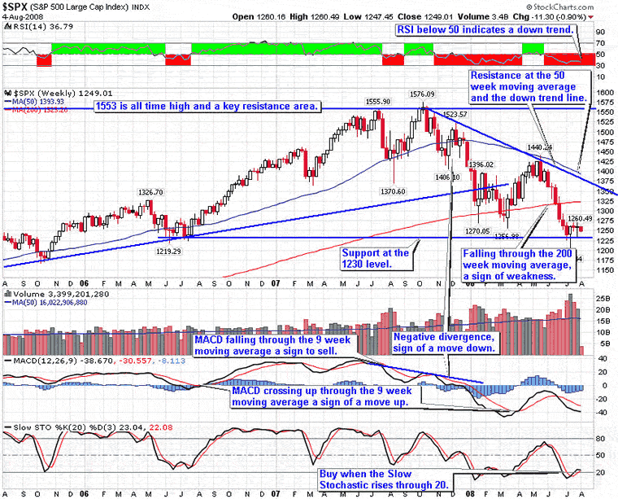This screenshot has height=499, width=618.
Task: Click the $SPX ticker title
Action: point(18,6)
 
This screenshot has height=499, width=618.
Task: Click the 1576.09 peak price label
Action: point(420,94)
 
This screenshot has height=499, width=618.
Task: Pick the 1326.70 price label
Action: point(157,192)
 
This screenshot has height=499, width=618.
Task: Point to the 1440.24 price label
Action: point(539,147)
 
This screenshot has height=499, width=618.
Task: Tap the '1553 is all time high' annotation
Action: point(207,107)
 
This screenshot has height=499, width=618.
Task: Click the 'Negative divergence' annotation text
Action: point(442,341)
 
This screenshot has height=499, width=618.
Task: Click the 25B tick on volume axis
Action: point(603,299)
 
